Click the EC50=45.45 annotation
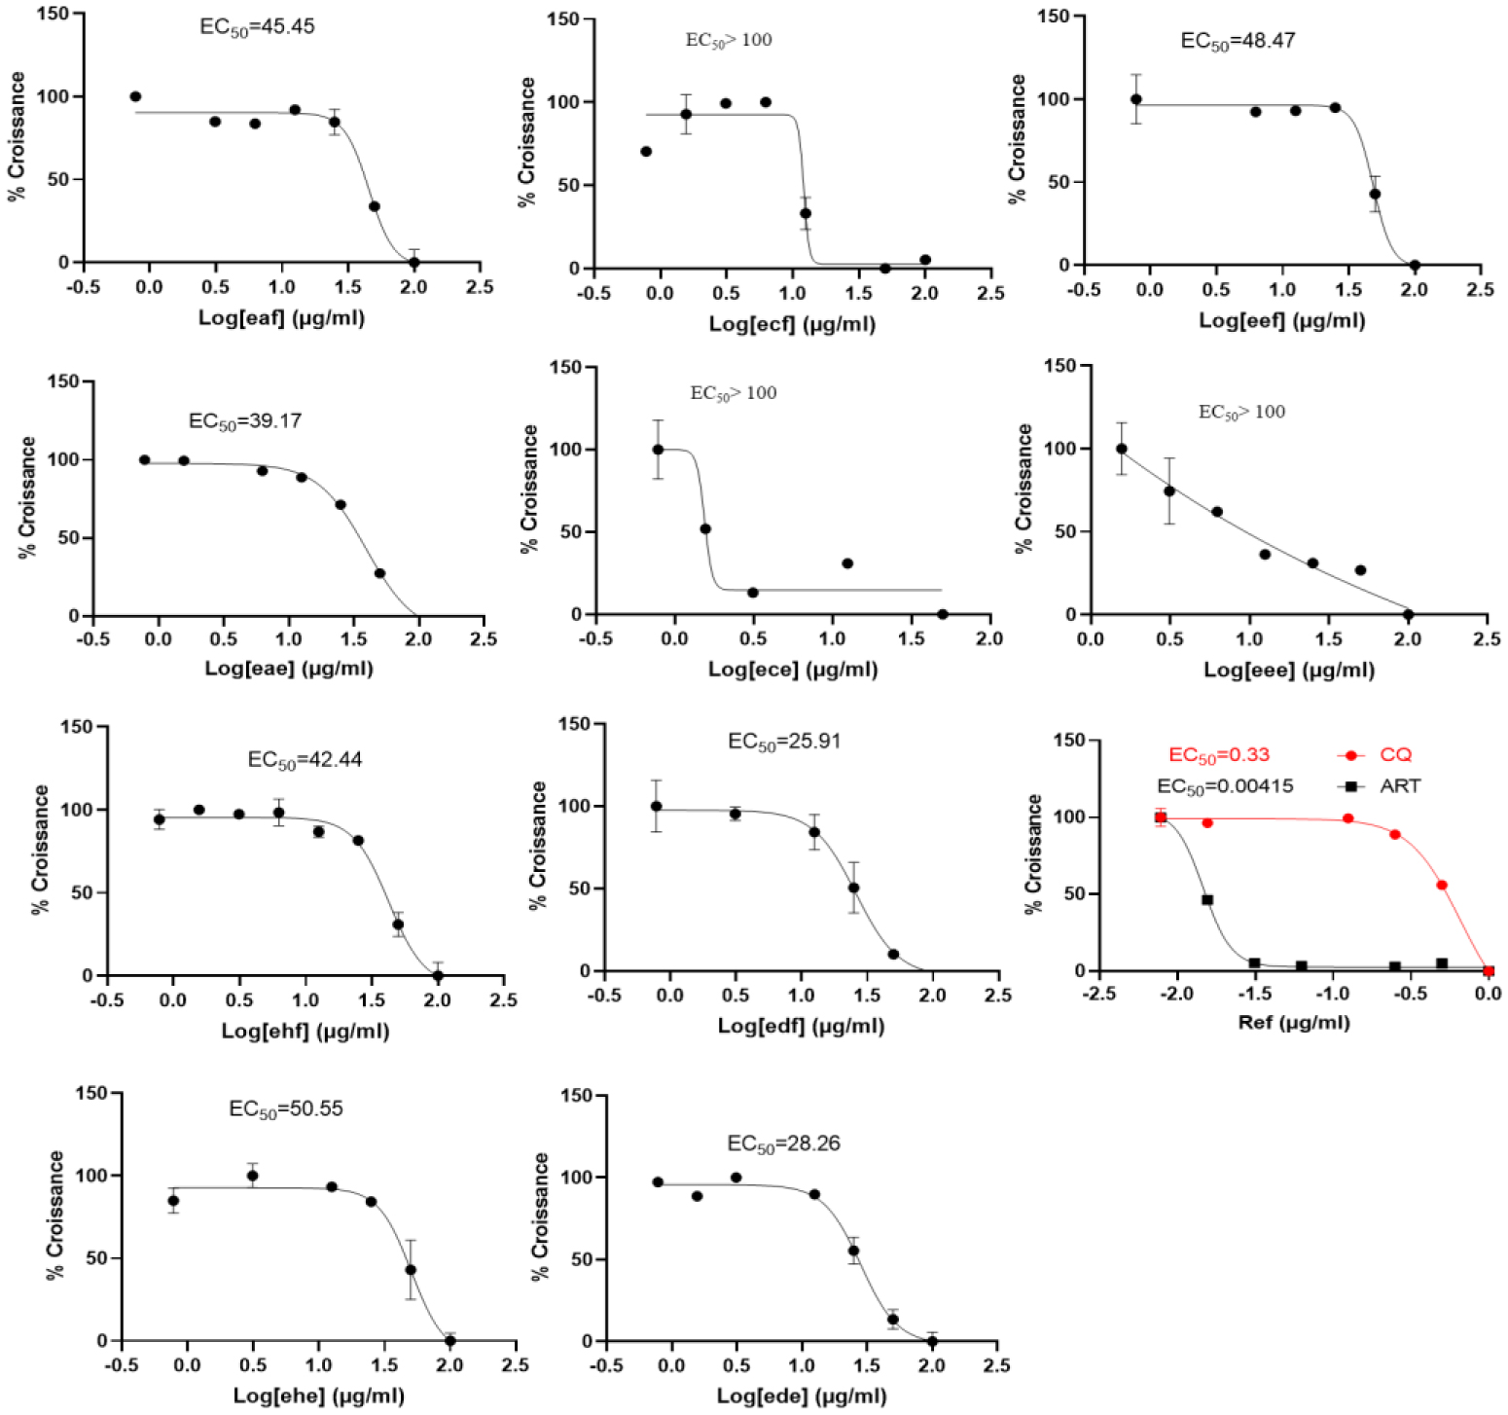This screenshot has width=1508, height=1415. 257,27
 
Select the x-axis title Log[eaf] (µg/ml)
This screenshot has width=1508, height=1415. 281,317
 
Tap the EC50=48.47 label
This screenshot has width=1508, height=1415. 1238,41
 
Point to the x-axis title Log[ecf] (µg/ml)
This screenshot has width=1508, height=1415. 792,323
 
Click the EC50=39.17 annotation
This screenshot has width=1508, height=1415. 245,421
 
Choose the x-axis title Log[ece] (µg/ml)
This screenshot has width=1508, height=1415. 793,670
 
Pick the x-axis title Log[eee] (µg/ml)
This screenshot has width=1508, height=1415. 1289,670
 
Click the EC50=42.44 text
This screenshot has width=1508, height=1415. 305,760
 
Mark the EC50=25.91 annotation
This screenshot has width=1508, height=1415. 784,742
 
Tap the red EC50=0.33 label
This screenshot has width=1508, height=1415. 1219,755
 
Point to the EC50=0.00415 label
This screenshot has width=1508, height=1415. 1225,786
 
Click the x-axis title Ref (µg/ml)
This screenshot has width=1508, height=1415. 1293,1023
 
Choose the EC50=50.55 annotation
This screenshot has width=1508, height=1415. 286,1109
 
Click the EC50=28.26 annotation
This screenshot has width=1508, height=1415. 784,1143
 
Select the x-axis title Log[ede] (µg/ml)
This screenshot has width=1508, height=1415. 802,1397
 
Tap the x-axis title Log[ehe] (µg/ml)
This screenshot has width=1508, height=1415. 319,1397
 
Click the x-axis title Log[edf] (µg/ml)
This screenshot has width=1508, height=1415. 801,1026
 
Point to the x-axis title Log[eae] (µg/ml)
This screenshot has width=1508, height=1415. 289,669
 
